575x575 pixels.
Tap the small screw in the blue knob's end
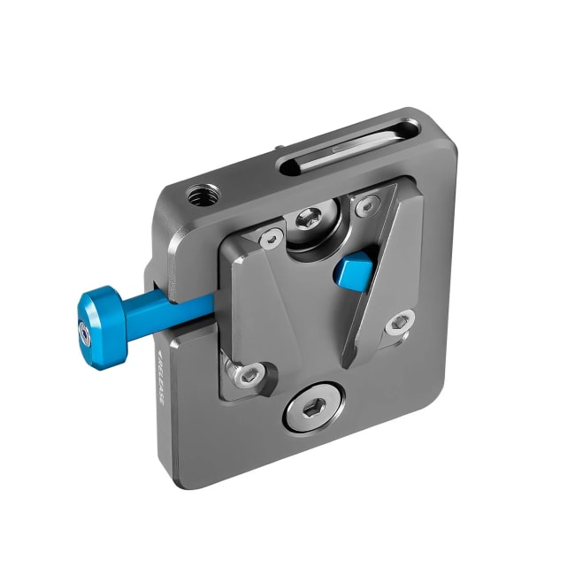tap(85, 333)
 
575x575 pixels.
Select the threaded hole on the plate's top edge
tap(195, 191)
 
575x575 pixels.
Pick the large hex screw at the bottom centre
tap(309, 410)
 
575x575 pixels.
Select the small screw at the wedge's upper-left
tap(271, 236)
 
